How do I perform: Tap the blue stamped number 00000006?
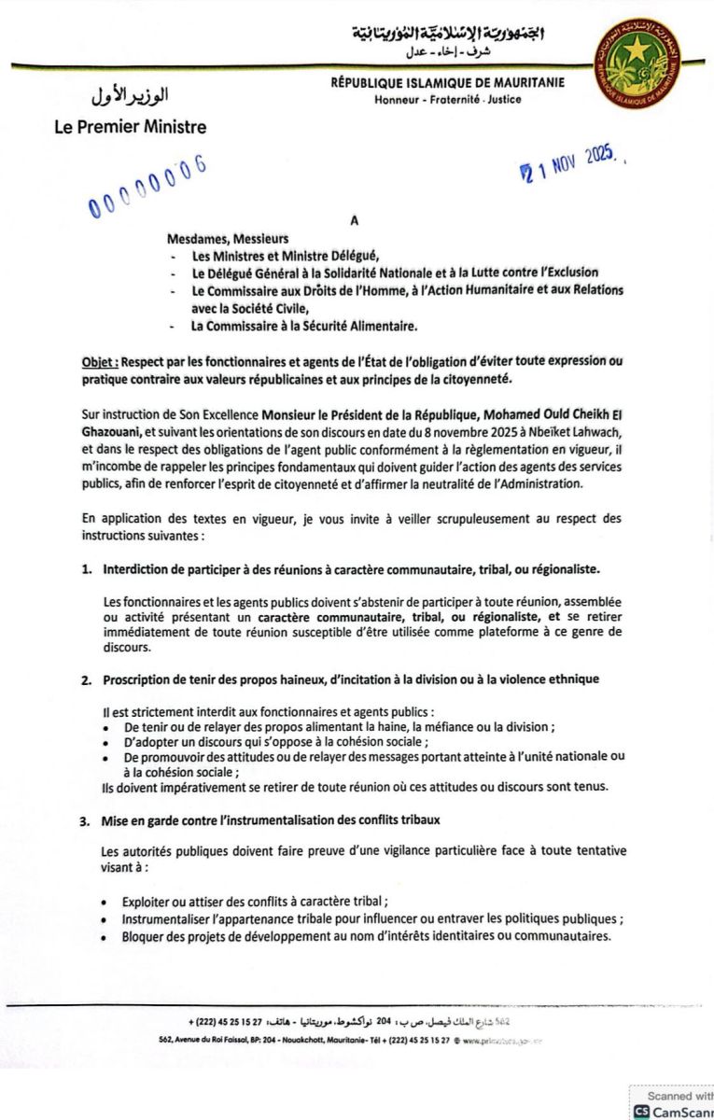tap(147, 186)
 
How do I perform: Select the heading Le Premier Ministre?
tap(131, 127)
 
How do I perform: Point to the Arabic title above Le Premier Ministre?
tap(131, 97)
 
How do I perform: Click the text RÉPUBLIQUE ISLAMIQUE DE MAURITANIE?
tap(447, 83)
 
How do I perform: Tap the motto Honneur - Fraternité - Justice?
tap(448, 99)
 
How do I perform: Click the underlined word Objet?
tap(98, 361)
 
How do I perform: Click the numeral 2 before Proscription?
tap(86, 679)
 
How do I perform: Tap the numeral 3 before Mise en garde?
tap(85, 820)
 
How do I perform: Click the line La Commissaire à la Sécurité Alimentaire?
tap(304, 326)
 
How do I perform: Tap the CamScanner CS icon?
tap(641, 1111)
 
